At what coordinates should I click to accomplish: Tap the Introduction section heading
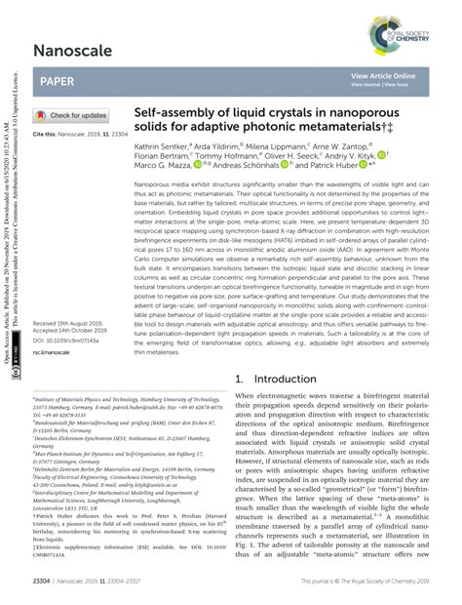coord(284,378)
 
